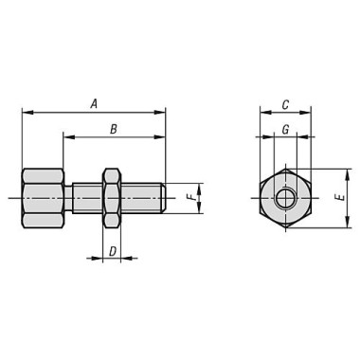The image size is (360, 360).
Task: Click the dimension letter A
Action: point(93,103)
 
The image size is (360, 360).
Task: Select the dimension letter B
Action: point(113,128)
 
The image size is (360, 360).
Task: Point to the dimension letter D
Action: point(112,251)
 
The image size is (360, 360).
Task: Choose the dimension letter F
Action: point(190,198)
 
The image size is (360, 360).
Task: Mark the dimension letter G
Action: point(284,128)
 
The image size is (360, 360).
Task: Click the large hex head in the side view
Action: point(43,198)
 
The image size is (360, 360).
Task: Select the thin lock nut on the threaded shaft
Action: point(111,198)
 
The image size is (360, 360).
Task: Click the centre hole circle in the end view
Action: point(284,198)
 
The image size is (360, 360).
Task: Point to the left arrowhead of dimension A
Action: point(26,113)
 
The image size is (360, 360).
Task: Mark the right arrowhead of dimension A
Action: point(161,113)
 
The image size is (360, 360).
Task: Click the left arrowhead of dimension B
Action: point(68,137)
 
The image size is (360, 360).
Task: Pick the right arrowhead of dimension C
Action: point(305,113)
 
